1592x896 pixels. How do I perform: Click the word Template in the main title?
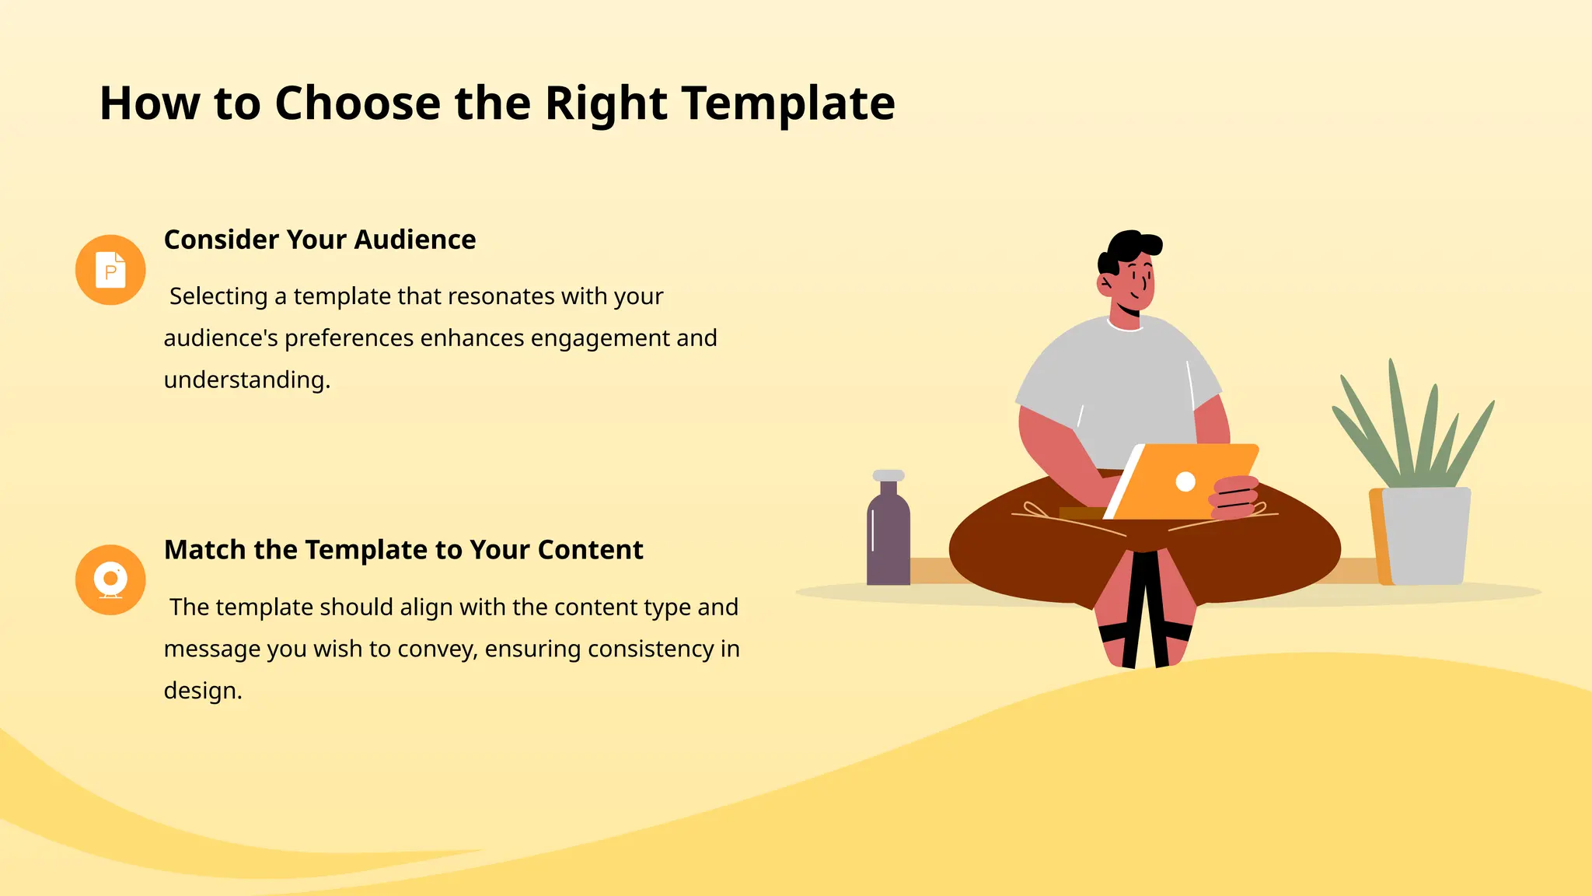tap(788, 103)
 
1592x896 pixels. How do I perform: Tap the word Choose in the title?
tap(358, 103)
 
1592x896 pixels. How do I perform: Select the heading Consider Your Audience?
tap(319, 240)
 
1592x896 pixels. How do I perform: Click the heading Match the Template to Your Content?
tap(403, 550)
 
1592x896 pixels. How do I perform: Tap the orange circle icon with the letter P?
tap(110, 270)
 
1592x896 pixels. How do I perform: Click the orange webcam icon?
tap(110, 580)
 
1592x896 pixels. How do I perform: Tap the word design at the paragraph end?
tap(200, 691)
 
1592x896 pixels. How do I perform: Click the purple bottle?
tap(889, 541)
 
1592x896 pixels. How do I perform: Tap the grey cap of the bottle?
tap(889, 475)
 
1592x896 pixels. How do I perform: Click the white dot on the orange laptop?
tap(1185, 482)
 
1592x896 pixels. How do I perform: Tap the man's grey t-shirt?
tap(1119, 381)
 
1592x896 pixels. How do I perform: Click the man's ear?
tap(1105, 284)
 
